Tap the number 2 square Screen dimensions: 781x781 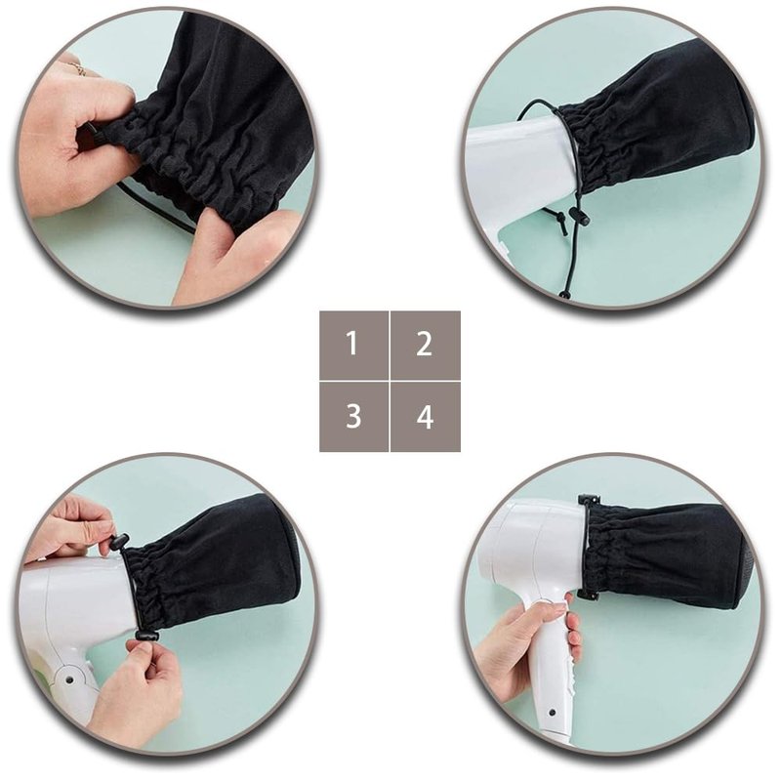[x=426, y=345]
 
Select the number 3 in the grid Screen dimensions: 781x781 [x=353, y=417]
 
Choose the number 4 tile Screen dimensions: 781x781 [x=426, y=417]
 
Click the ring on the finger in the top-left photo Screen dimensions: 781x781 [x=78, y=68]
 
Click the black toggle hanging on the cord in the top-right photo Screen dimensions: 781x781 [x=578, y=217]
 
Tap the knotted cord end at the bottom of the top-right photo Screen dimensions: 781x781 [x=565, y=295]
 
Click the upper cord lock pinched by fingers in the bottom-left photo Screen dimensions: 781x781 [x=118, y=542]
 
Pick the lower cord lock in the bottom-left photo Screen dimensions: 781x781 [x=145, y=637]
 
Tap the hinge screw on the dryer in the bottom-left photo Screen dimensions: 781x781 [x=69, y=679]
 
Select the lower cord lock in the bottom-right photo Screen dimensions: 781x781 [x=588, y=595]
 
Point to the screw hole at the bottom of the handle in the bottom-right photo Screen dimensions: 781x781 [x=552, y=713]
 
